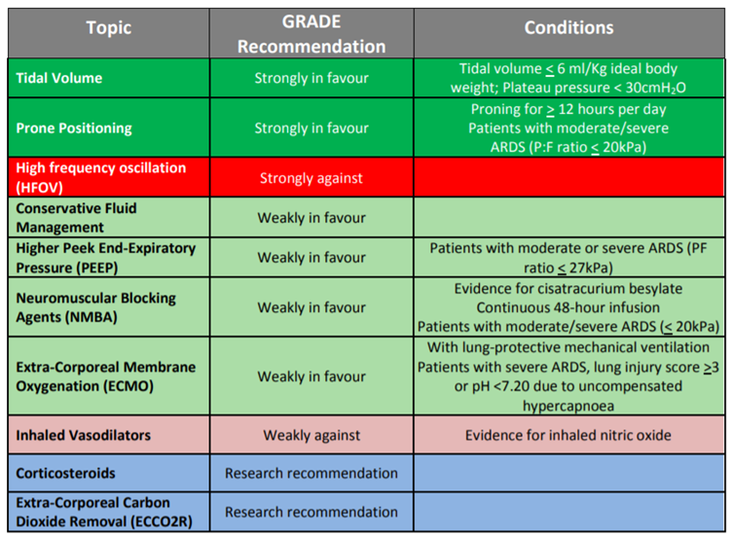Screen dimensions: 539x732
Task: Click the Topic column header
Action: coord(108,28)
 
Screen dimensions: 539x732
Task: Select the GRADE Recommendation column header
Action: coord(311,35)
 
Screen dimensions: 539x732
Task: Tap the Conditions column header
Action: coord(569,28)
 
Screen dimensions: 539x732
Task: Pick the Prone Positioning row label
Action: coord(74,127)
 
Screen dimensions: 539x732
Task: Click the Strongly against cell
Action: coord(311,178)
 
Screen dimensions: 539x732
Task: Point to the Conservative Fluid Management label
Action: coord(77,218)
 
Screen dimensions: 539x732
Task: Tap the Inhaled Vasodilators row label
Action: coord(83,435)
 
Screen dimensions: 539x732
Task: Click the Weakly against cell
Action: coord(311,435)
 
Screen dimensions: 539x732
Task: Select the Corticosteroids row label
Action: coord(66,473)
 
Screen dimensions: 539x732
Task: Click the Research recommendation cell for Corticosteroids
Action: coord(311,474)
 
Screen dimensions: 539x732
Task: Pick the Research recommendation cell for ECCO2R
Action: coord(311,512)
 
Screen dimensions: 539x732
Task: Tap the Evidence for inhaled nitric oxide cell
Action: coord(568,435)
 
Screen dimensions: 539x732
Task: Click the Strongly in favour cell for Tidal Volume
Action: coord(311,78)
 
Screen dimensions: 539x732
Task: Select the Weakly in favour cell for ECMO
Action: coord(311,377)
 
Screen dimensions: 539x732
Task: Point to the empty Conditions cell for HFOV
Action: coord(569,178)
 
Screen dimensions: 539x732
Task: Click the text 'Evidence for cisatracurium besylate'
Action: coord(568,289)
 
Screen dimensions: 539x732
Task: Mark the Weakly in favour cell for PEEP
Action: coord(311,258)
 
